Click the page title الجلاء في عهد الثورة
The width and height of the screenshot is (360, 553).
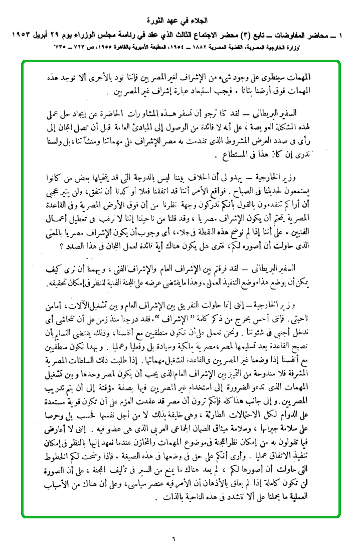[x=179, y=22]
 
